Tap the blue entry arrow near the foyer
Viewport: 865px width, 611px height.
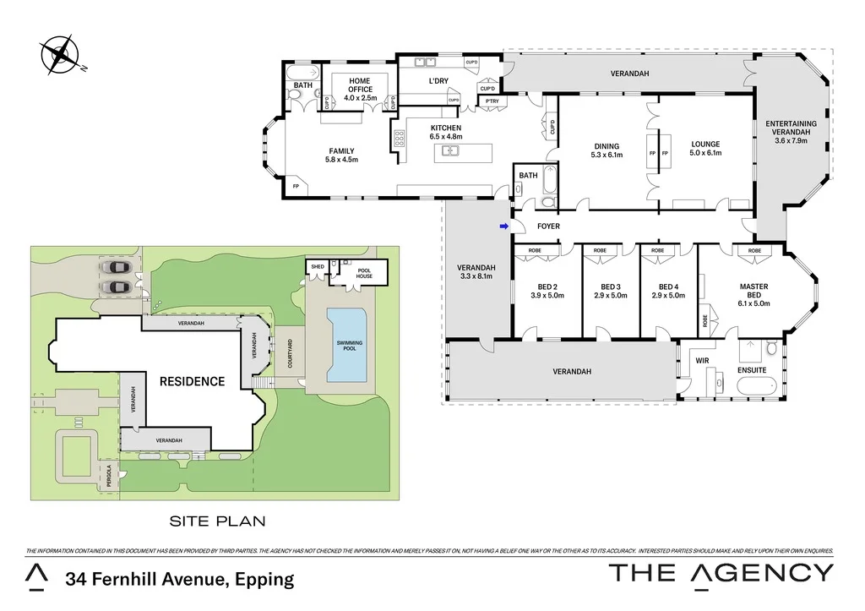coord(504,226)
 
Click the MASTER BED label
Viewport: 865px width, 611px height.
coord(753,291)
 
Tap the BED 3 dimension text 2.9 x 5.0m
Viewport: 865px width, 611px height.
coord(608,296)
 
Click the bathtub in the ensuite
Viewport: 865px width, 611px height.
coord(761,388)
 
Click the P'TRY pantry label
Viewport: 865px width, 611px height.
coord(491,101)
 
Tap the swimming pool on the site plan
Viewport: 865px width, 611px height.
coord(347,344)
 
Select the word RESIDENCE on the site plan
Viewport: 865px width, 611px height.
coord(193,381)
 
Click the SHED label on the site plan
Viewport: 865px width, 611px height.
coord(318,266)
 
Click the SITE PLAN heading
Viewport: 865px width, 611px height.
coord(216,521)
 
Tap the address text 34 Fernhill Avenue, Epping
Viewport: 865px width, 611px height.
coord(180,579)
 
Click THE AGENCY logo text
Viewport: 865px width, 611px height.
coord(721,572)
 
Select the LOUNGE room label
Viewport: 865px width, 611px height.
coord(704,145)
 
